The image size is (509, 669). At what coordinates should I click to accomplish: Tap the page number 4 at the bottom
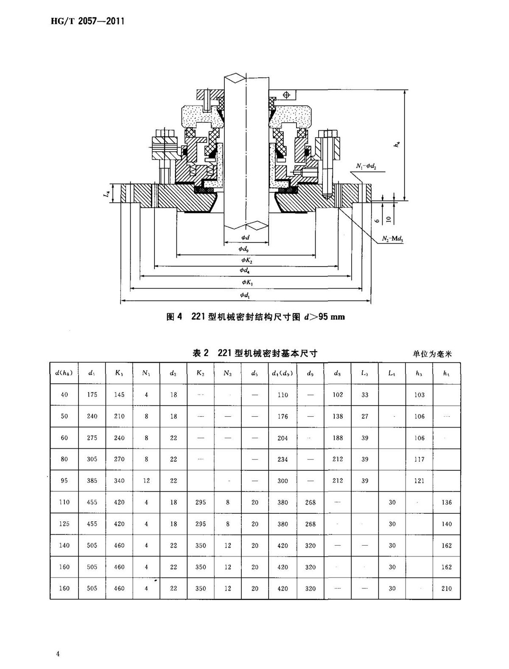click(58, 654)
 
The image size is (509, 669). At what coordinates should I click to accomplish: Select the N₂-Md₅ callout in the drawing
click(392, 239)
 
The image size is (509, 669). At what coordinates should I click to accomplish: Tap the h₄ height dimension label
click(397, 145)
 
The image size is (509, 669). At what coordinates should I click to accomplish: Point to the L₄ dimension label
click(108, 193)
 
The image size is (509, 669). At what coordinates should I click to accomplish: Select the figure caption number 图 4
click(174, 317)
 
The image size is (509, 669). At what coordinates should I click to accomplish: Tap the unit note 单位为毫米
click(432, 354)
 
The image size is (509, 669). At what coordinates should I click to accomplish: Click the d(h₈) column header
click(64, 373)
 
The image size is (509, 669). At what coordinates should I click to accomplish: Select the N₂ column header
click(228, 373)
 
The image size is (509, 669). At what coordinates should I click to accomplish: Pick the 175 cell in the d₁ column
click(92, 395)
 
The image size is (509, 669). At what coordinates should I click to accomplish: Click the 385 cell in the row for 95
click(92, 481)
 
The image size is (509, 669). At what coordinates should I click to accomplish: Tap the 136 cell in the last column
click(447, 502)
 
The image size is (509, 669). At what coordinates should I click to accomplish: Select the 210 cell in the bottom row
click(447, 588)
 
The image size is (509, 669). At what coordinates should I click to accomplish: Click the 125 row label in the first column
click(64, 524)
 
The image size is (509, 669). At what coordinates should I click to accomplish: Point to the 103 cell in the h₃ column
click(420, 395)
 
